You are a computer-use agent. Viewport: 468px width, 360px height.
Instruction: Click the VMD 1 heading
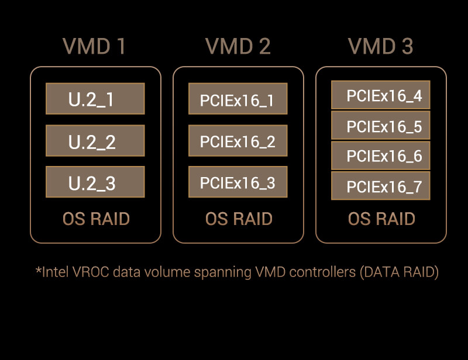[x=94, y=46]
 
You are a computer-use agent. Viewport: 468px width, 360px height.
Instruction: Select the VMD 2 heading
[x=238, y=46]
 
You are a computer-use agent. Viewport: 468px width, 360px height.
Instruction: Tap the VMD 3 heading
[x=381, y=46]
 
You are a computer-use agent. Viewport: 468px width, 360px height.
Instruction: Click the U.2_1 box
[x=95, y=98]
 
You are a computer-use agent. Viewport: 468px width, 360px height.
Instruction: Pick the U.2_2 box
[x=95, y=140]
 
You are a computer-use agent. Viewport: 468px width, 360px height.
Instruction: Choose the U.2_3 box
[x=95, y=182]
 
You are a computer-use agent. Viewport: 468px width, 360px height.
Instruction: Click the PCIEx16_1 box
[x=238, y=98]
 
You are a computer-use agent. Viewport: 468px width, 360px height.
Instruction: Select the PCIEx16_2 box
[x=238, y=140]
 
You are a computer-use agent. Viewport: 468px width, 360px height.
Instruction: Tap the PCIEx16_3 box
[x=238, y=182]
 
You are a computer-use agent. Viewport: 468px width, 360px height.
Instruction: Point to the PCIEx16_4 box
[x=381, y=95]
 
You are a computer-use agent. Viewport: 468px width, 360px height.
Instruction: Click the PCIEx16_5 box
[x=381, y=125]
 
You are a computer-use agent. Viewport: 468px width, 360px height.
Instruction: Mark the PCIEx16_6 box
[x=381, y=155]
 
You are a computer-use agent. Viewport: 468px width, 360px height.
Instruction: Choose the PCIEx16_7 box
[x=381, y=186]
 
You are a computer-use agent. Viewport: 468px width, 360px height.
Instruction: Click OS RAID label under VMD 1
[x=96, y=219]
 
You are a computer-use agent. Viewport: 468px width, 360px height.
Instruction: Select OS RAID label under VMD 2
[x=239, y=219]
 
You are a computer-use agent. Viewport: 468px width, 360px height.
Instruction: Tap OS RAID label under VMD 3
[x=381, y=219]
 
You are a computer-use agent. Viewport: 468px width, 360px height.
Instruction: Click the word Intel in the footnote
[x=56, y=272]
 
